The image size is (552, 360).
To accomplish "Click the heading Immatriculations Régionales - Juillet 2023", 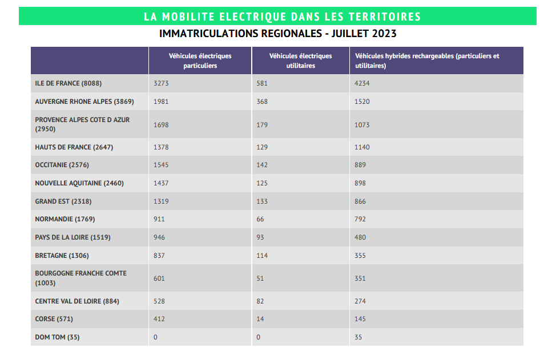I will tap(277, 34).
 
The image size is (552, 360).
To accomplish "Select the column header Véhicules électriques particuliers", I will tap(200, 60).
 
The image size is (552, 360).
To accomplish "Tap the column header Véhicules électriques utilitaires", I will tap(300, 60).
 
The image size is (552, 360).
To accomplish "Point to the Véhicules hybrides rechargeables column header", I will tap(427, 60).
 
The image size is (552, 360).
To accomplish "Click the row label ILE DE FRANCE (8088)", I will tap(68, 83).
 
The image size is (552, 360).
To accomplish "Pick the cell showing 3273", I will tap(162, 83).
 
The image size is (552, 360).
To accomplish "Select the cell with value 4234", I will tap(362, 83).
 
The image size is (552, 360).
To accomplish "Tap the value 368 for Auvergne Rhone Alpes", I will tap(263, 102).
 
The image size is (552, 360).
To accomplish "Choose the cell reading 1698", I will tap(162, 125).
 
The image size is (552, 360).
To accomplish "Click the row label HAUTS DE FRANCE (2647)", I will tap(74, 147).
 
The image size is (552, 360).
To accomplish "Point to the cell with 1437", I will tap(162, 183).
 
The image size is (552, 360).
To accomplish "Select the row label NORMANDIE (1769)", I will tap(65, 219).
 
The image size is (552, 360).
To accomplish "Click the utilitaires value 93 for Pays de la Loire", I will tap(261, 237).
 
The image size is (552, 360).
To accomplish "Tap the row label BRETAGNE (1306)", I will tap(62, 256).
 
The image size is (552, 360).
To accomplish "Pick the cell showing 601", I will tap(160, 278).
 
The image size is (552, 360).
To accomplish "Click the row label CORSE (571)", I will tap(54, 319).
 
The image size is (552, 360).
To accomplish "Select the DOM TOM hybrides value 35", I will tap(358, 337).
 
